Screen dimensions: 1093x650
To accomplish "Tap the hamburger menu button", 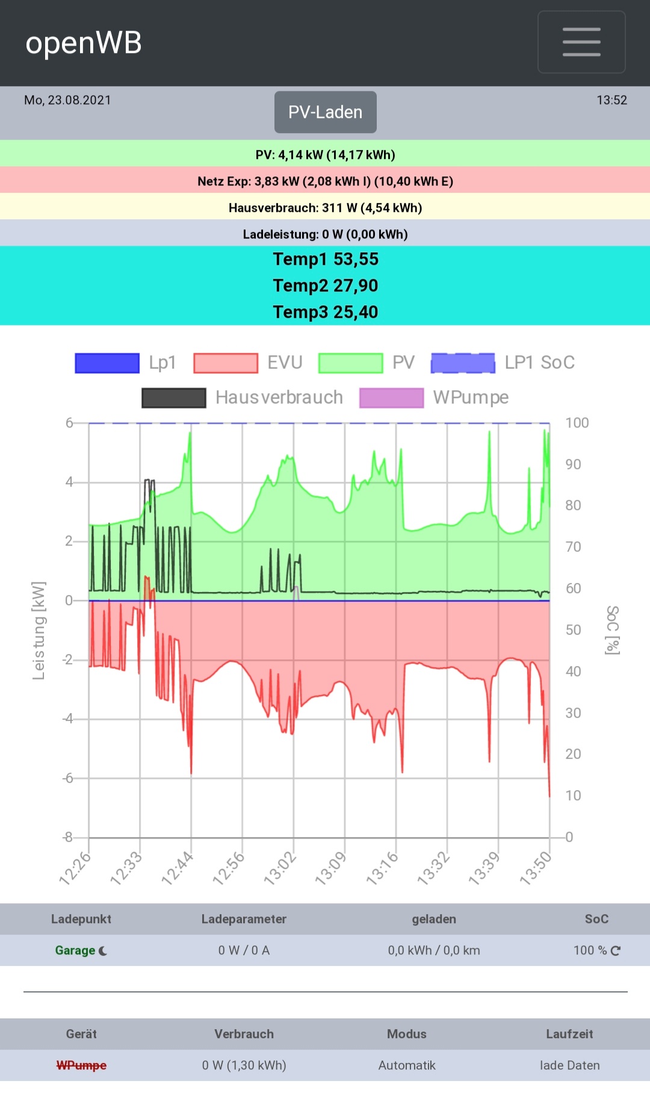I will click(x=581, y=42).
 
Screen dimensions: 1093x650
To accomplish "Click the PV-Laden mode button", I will click(x=325, y=112).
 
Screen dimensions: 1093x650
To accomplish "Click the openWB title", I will click(x=84, y=43).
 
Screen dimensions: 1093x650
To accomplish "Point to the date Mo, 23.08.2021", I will click(x=67, y=100).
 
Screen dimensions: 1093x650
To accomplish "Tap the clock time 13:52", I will click(x=611, y=100).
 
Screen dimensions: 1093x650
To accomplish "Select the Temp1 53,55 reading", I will click(x=325, y=259).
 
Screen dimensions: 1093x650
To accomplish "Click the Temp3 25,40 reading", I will click(x=325, y=312).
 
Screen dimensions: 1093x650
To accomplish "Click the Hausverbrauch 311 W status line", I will click(x=325, y=208).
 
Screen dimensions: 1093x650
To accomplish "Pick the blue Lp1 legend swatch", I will click(x=107, y=363).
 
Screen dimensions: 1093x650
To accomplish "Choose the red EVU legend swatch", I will click(x=226, y=363).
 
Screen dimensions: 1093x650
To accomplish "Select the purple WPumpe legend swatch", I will click(x=391, y=398).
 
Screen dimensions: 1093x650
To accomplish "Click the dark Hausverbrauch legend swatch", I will click(x=174, y=398).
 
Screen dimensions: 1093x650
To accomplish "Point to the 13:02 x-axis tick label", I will click(x=280, y=868).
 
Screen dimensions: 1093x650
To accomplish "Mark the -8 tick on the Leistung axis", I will click(x=68, y=837).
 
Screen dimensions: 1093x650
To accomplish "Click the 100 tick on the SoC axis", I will click(x=577, y=423).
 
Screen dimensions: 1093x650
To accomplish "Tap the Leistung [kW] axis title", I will click(x=39, y=631).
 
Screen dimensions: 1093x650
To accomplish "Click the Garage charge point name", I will click(x=75, y=950).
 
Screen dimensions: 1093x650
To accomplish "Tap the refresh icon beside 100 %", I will click(x=616, y=950).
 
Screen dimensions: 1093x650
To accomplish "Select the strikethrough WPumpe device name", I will click(x=81, y=1065).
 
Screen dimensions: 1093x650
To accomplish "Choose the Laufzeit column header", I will click(x=569, y=1034).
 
